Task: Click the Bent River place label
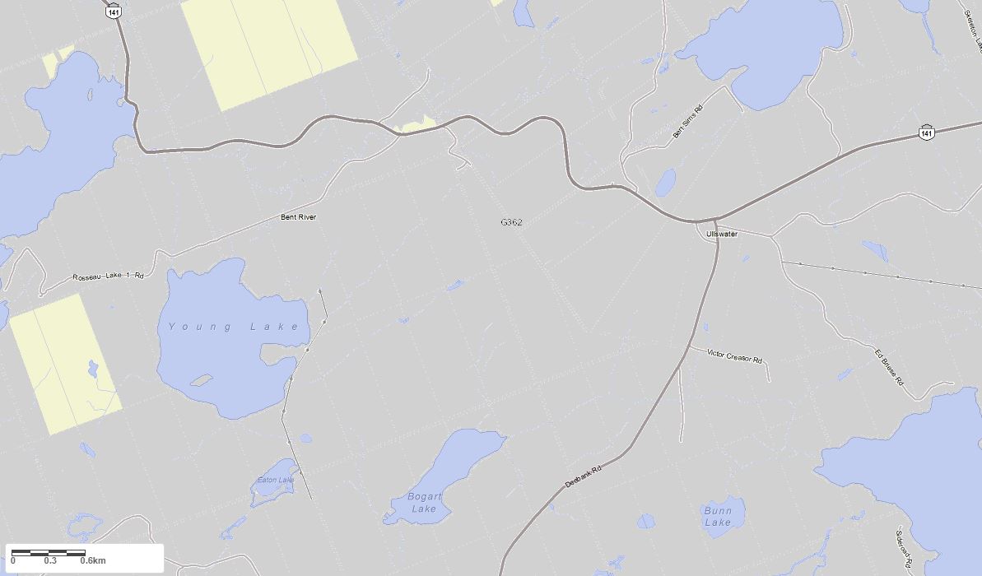click(298, 217)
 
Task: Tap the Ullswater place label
click(722, 234)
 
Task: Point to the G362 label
click(511, 222)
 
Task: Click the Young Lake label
click(234, 327)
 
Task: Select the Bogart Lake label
click(424, 502)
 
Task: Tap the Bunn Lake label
click(718, 517)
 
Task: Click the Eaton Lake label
click(275, 480)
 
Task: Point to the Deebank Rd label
click(584, 476)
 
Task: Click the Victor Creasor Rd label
click(734, 355)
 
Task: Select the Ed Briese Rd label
click(889, 368)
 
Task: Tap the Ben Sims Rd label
click(687, 122)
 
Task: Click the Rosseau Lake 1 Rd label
click(108, 276)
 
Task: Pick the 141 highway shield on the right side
click(928, 132)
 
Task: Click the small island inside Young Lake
click(201, 380)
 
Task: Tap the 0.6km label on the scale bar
click(93, 561)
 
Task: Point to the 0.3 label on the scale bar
click(50, 561)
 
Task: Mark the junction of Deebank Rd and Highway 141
click(714, 221)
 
